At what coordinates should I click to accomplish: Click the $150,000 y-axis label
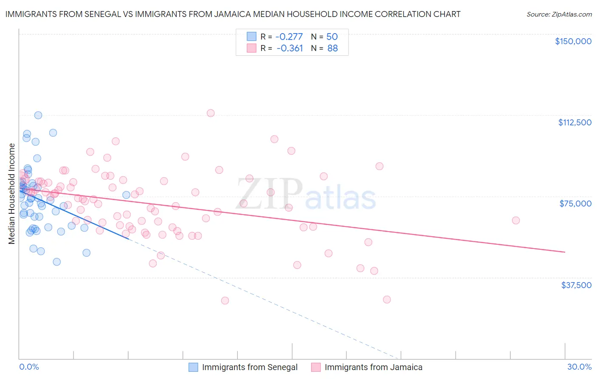573,41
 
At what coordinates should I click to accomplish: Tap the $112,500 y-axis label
574,122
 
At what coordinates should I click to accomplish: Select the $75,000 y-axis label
575,204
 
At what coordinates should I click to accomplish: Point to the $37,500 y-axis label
576,285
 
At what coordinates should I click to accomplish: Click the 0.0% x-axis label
29,367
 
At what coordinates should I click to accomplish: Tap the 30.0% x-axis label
579,367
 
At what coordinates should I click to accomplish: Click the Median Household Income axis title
12,194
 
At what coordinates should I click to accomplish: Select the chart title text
233,14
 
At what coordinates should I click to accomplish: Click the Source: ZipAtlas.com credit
559,14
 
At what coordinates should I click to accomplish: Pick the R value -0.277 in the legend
289,37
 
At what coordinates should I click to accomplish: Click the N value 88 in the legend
332,48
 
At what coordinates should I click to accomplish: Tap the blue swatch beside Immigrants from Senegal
193,367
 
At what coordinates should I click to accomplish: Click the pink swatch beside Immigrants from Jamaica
315,367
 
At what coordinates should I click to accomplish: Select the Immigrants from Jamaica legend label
373,367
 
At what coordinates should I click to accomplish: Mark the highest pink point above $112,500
211,113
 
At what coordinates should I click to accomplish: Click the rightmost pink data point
516,220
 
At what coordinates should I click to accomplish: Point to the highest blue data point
38,115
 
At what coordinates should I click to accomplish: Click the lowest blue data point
56,262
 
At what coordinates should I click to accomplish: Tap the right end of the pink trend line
565,252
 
